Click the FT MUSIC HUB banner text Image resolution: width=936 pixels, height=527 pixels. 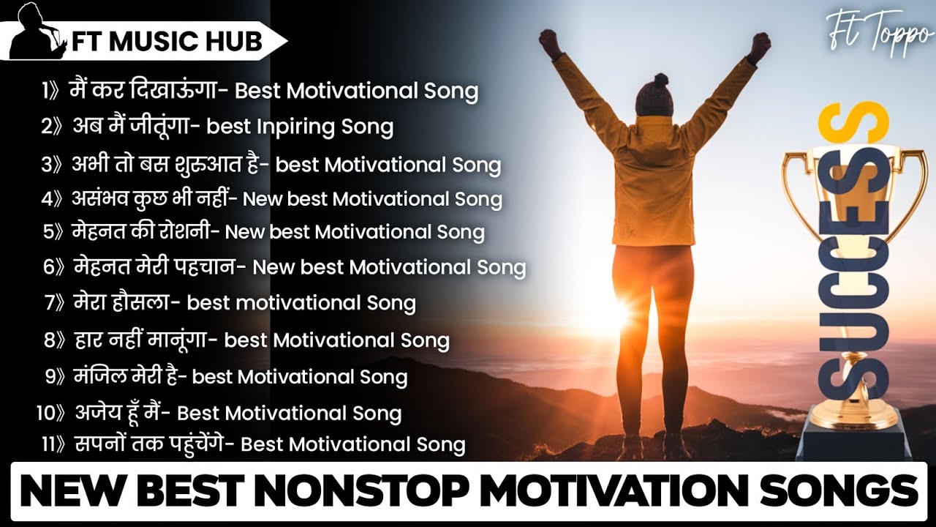[x=167, y=42]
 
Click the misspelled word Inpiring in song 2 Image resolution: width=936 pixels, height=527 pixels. [x=296, y=127]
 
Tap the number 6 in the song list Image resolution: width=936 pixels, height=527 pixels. [x=49, y=267]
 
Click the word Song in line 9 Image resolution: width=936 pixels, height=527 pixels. [x=383, y=377]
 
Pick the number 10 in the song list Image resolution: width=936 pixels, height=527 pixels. [x=45, y=413]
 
